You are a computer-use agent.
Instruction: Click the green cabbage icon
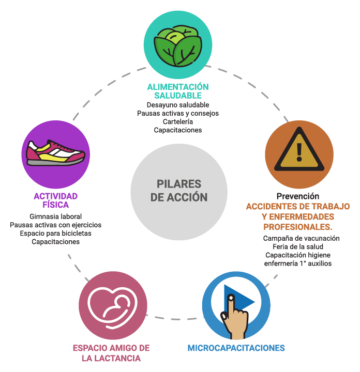coord(178,45)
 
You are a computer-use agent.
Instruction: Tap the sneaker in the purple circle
coord(55,152)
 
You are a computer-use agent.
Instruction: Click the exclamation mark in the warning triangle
coord(299,152)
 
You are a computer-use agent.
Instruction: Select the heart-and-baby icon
coord(113,308)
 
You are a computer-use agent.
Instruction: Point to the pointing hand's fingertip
coord(231,298)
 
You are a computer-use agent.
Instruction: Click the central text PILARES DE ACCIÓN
coord(179,191)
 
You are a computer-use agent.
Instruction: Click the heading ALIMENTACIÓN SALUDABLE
coord(178,91)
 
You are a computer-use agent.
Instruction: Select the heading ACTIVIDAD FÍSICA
coord(55,200)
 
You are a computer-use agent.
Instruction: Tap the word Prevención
coord(298,196)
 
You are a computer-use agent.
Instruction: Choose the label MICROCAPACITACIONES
coord(236,348)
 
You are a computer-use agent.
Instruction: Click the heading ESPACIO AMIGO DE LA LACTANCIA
coord(111,353)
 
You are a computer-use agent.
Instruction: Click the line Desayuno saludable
coord(178,105)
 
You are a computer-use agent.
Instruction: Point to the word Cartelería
coord(178,122)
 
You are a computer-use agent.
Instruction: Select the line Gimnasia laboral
coord(55,216)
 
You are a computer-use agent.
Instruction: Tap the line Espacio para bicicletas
coord(55,233)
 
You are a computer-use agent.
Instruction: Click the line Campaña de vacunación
coord(301,238)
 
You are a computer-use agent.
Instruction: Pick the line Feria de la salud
coord(298,247)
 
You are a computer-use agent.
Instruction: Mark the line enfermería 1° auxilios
coord(298,263)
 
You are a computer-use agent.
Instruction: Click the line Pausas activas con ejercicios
coord(55,225)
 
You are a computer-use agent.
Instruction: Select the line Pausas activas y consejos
coord(178,113)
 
